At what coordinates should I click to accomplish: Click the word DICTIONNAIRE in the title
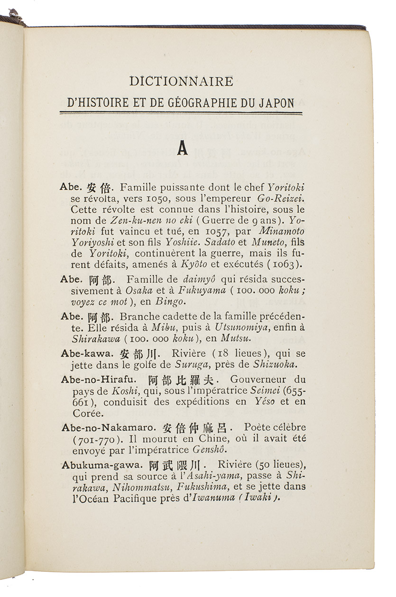181,81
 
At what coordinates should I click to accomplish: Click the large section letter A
182,149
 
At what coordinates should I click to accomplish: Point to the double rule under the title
181,113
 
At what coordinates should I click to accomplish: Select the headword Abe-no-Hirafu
95,380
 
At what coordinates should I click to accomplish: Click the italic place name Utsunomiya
243,327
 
